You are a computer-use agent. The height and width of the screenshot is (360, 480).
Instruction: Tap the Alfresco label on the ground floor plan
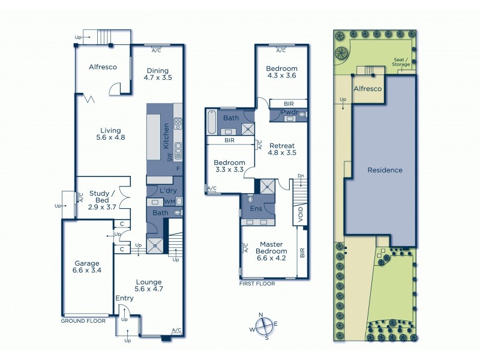(x=103, y=67)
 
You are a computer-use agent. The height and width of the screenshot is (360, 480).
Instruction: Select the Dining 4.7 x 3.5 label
(x=158, y=74)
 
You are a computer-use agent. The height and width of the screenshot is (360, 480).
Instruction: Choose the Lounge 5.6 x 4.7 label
(x=148, y=285)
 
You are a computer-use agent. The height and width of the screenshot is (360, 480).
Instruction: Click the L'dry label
(x=167, y=190)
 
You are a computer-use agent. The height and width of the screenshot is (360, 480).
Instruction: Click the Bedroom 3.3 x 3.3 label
(x=230, y=166)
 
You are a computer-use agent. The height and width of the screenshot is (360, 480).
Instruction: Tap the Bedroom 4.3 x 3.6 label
(x=282, y=72)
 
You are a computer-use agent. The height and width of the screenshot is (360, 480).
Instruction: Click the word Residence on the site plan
(x=385, y=170)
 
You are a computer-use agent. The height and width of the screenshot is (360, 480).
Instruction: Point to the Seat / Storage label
(x=401, y=62)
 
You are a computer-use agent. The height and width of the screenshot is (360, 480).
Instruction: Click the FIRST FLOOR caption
(x=257, y=284)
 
